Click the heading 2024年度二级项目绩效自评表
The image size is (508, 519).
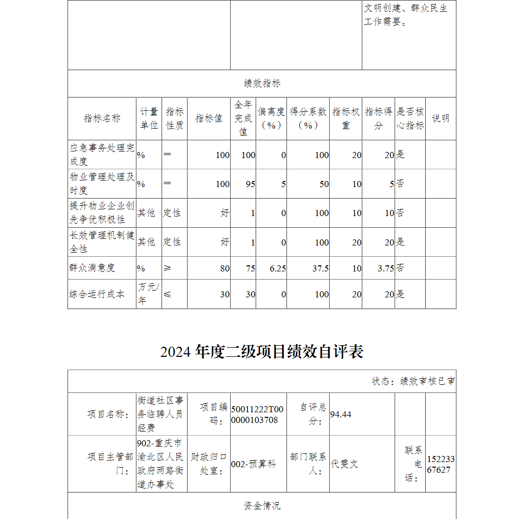[x=262, y=352]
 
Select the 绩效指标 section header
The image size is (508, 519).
[x=262, y=83]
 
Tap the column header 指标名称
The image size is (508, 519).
[x=102, y=118]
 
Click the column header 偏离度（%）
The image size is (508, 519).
[x=271, y=118]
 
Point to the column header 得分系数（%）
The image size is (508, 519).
[x=308, y=118]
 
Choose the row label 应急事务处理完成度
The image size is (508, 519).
[x=102, y=155]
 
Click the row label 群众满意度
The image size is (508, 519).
[x=92, y=268]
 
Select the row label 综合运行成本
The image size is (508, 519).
[x=97, y=294]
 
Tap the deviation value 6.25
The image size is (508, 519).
[x=277, y=268]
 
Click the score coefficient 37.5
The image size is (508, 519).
[x=321, y=268]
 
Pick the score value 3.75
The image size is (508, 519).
[x=386, y=268]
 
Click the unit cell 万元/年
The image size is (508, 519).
[x=148, y=294]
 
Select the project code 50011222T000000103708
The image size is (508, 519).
[x=258, y=414]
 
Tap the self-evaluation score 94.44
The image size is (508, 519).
[x=341, y=414]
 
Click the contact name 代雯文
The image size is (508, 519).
[x=344, y=464]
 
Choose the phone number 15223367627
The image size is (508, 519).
[x=440, y=464]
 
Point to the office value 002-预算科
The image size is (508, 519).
[x=253, y=464]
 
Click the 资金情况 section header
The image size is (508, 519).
[x=262, y=505]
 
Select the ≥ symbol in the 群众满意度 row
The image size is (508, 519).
[x=168, y=268]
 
